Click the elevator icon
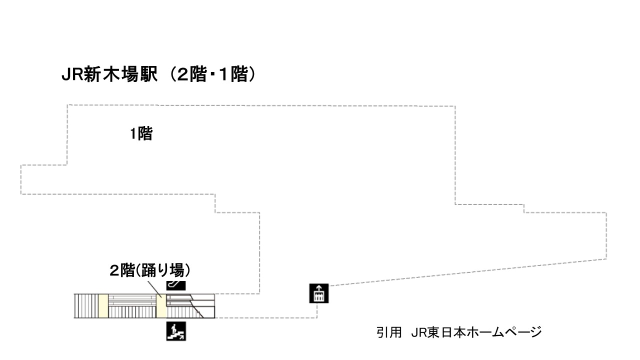[319, 293]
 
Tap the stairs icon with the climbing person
[176, 331]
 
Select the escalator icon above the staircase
[176, 285]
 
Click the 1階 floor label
[141, 133]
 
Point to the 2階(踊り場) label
[150, 270]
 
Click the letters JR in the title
[72, 75]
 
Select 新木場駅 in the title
[120, 74]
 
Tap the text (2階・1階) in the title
[212, 74]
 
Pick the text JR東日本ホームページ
[476, 332]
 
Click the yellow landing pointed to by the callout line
[161, 305]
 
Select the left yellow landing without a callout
[103, 305]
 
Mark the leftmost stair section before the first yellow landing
[86, 305]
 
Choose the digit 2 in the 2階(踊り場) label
[114, 270]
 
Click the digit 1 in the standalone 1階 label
[133, 133]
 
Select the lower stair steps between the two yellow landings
[132, 312]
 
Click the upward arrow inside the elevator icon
[319, 287]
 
